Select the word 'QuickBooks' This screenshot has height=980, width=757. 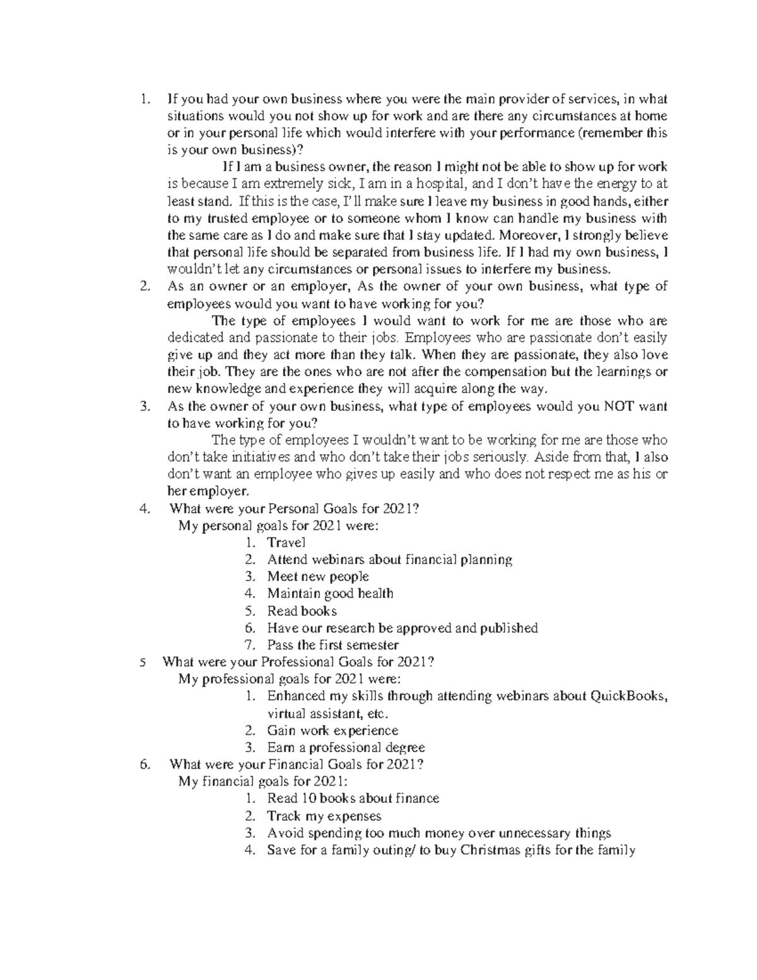click(x=628, y=697)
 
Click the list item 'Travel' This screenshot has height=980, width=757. click(x=286, y=542)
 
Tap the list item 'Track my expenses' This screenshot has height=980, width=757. click(x=324, y=816)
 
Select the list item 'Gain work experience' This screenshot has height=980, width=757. click(x=332, y=731)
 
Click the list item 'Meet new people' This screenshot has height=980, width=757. click(x=318, y=576)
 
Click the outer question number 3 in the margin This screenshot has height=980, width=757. click(x=144, y=406)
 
